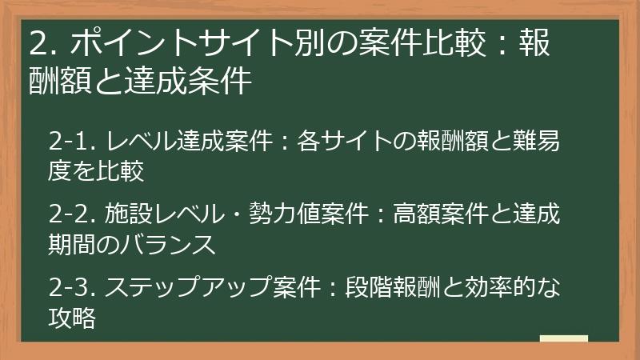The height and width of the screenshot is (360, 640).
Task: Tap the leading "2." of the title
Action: (39, 43)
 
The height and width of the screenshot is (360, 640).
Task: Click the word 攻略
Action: (73, 317)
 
